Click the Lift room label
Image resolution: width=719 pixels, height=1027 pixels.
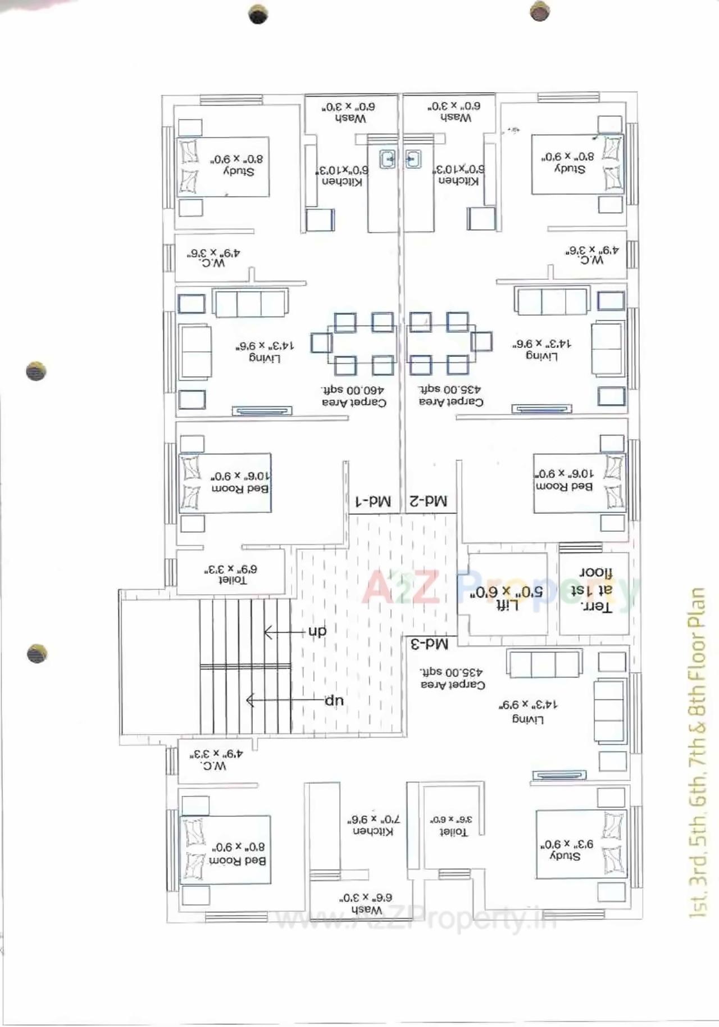click(x=508, y=606)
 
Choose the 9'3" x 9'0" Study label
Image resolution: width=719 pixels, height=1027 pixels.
click(x=566, y=850)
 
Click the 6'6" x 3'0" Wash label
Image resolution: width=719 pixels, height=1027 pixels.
click(x=366, y=903)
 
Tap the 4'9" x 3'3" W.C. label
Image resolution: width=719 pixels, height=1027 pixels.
click(x=215, y=759)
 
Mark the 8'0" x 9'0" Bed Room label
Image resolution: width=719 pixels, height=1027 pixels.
click(x=238, y=854)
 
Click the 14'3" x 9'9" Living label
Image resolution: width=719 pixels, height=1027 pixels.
click(x=528, y=712)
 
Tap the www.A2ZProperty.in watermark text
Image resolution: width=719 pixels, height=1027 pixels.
click(x=416, y=920)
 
